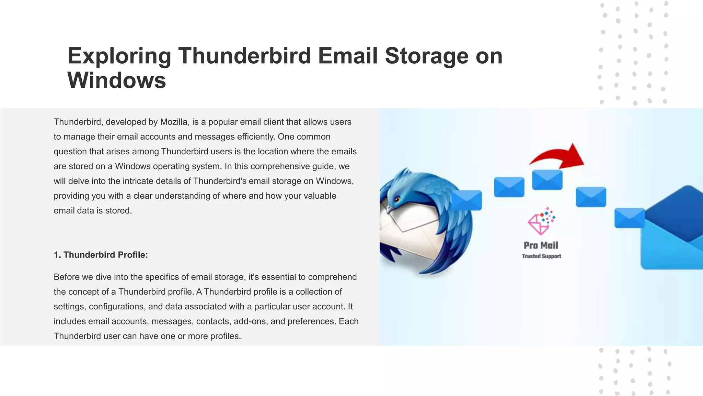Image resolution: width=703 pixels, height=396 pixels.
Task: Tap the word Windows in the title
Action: tap(117, 80)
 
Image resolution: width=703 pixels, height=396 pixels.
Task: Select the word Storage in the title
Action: tap(426, 56)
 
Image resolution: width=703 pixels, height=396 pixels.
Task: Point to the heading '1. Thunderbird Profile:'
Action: tap(101, 255)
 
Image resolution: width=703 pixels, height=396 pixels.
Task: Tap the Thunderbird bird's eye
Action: tap(397, 199)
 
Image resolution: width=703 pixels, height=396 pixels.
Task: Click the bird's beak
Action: tap(390, 209)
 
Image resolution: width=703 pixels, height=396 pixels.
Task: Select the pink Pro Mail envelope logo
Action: tap(540, 222)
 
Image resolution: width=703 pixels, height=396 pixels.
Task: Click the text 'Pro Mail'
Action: tap(541, 245)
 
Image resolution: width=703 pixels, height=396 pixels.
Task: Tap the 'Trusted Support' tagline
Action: tap(541, 256)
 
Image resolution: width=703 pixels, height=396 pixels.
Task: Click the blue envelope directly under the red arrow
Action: tap(547, 180)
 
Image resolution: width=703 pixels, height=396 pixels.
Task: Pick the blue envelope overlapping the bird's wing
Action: tap(466, 200)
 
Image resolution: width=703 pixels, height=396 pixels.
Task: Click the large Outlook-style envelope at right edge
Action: tap(673, 230)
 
